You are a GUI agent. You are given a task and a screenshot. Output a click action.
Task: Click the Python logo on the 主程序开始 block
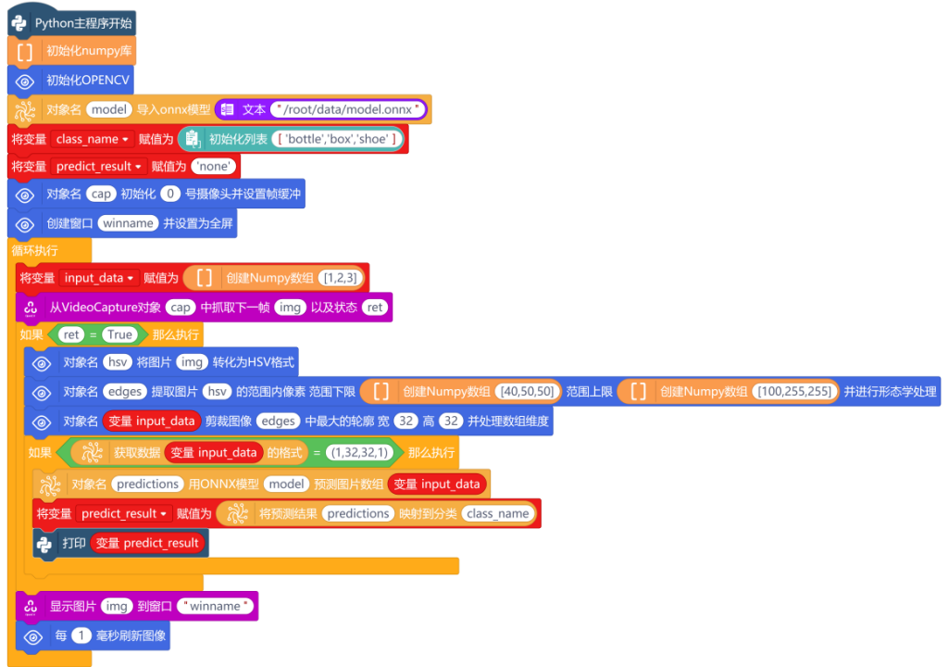tap(19, 23)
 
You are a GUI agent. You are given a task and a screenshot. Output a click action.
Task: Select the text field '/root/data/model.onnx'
tap(348, 109)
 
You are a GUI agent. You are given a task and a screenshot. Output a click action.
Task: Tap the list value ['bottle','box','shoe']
tap(337, 139)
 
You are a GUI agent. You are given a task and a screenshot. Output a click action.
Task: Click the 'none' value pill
tap(214, 167)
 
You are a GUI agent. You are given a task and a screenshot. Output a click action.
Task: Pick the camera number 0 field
tap(170, 194)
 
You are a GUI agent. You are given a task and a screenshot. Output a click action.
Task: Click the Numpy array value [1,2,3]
tap(341, 278)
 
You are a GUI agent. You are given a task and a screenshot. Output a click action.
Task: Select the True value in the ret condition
tap(119, 334)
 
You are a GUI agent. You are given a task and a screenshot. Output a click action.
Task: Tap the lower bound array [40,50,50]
tap(527, 392)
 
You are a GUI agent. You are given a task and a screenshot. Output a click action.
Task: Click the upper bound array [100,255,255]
tap(794, 392)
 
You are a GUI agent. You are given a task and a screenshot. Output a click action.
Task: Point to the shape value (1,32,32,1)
tap(360, 453)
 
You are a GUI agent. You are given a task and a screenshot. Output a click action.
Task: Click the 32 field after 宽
tap(405, 422)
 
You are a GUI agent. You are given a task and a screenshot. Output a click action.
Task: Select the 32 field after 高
tap(451, 422)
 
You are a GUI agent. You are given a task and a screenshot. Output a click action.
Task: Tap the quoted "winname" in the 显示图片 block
tap(215, 606)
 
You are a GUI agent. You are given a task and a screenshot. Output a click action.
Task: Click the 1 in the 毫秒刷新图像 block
tap(81, 636)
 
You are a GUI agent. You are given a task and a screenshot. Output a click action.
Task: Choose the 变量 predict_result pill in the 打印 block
tap(147, 543)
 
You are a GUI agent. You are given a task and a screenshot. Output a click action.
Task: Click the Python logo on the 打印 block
tap(44, 544)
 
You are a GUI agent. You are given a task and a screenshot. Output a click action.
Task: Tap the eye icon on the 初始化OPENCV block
tap(25, 82)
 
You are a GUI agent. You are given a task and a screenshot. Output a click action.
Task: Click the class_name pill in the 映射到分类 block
tap(497, 514)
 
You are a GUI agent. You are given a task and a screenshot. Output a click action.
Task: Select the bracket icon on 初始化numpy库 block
tap(25, 52)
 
